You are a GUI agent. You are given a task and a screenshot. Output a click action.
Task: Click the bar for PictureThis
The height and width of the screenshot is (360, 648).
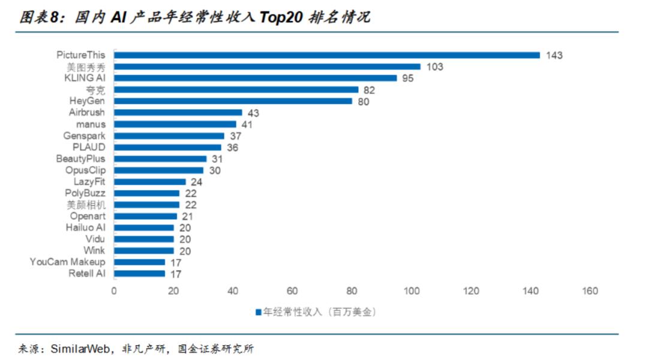click(x=327, y=55)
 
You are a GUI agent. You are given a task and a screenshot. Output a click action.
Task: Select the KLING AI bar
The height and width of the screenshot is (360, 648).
click(x=256, y=78)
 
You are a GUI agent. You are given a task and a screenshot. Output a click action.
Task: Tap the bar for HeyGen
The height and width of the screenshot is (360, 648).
click(x=233, y=101)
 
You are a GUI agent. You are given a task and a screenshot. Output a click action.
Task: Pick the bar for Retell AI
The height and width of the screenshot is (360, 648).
click(x=139, y=274)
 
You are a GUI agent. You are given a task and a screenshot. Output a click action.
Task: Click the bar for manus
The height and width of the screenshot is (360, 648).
click(x=175, y=124)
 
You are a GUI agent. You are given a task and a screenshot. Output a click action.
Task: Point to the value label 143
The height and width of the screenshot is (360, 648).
click(x=554, y=55)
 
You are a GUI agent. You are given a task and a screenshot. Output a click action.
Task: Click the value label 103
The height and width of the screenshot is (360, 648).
click(x=435, y=67)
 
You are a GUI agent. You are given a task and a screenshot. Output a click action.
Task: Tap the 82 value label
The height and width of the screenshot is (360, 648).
click(x=370, y=90)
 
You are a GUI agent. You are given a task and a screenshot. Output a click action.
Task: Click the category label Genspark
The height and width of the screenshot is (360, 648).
click(x=84, y=136)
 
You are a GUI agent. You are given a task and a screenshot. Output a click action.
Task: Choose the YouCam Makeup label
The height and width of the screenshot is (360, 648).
click(x=68, y=262)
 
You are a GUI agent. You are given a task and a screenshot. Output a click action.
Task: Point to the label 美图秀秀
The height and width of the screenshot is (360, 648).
click(x=86, y=67)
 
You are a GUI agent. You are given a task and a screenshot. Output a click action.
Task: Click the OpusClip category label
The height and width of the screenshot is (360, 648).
click(x=85, y=170)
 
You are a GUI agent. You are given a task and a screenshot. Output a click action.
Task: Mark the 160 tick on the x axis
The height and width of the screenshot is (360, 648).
click(x=590, y=291)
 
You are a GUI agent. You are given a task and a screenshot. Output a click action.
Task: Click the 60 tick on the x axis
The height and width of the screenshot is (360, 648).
click(x=292, y=291)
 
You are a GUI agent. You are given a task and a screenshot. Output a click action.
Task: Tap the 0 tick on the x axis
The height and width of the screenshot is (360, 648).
click(x=114, y=291)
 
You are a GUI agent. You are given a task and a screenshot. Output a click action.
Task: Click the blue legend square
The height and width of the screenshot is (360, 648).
click(x=259, y=312)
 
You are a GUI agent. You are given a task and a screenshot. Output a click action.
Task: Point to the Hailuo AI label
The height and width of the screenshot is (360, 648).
click(x=85, y=227)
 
